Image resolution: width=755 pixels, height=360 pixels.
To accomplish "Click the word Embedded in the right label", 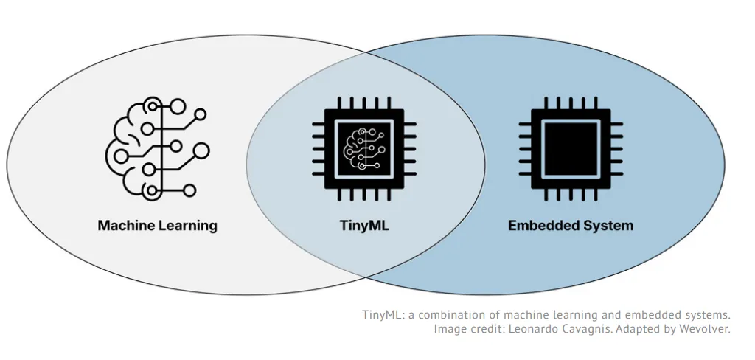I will [x=540, y=225].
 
